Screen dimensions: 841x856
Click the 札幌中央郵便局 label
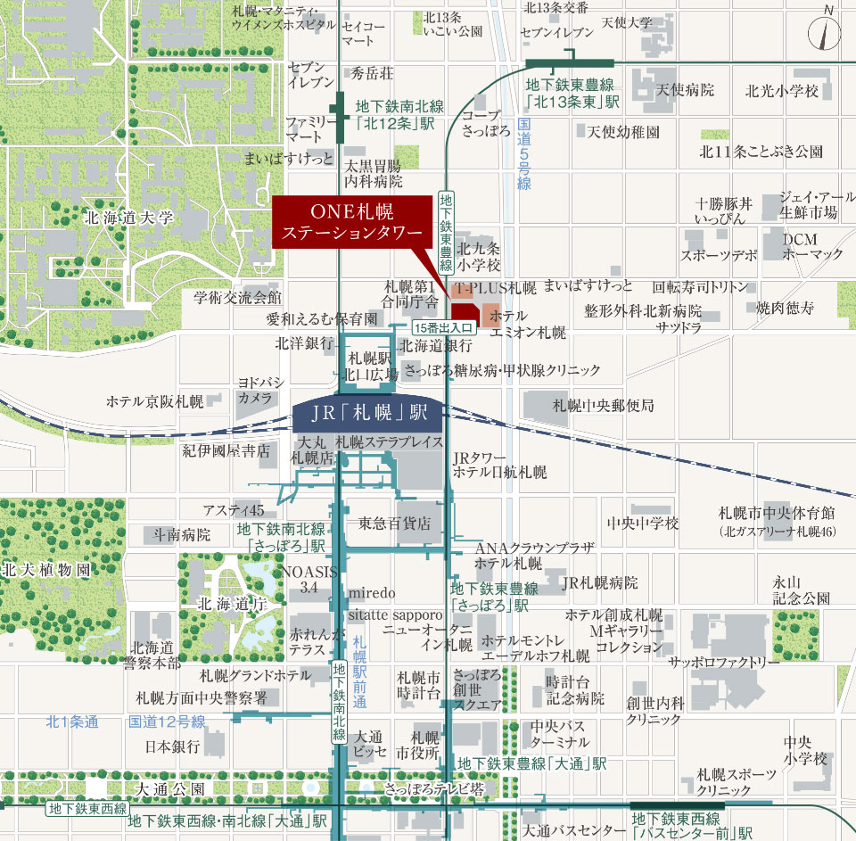pyautogui.click(x=603, y=406)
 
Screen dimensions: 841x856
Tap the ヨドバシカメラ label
pyautogui.click(x=255, y=390)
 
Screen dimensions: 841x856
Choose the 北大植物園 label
pyautogui.click(x=46, y=569)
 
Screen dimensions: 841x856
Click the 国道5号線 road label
pyautogui.click(x=524, y=155)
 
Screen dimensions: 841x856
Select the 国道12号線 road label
pyautogui.click(x=167, y=721)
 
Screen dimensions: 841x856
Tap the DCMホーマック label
pyautogui.click(x=812, y=247)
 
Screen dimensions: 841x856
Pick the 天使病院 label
pyautogui.click(x=686, y=90)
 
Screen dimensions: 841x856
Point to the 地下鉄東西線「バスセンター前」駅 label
pyautogui.click(x=692, y=825)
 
